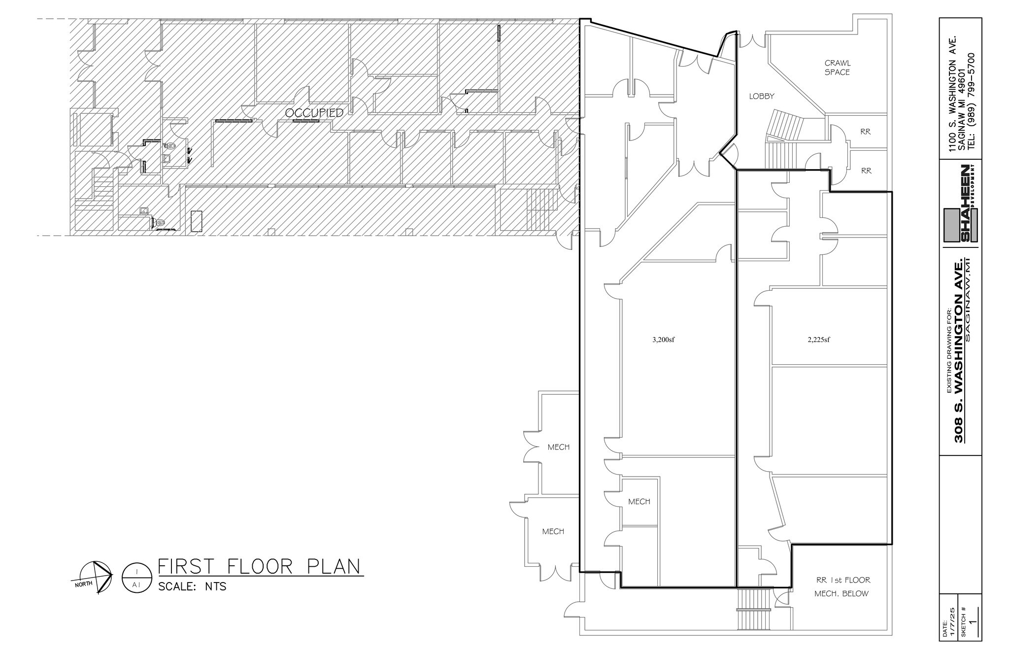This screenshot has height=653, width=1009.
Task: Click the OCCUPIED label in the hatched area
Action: (314, 113)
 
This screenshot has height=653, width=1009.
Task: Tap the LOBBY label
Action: (762, 97)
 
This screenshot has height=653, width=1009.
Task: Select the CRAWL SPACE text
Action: (837, 68)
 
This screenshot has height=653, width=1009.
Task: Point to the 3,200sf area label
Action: (663, 339)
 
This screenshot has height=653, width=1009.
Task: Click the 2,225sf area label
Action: (819, 339)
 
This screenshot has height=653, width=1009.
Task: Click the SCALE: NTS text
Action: (192, 587)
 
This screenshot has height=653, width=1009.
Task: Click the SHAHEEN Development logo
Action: (961, 204)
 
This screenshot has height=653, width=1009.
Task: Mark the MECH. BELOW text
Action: (841, 593)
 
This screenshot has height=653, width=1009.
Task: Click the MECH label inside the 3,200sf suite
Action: (639, 502)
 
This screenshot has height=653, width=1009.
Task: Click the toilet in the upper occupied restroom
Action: (170, 146)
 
